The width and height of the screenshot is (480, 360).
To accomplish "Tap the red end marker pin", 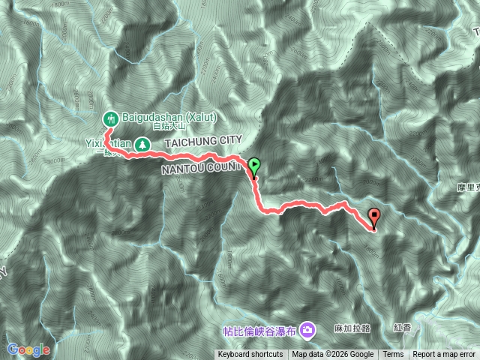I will pos(374,217).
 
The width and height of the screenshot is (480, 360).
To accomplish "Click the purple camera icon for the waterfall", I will pos(307,329).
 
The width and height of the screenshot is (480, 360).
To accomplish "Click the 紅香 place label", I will pos(402,328).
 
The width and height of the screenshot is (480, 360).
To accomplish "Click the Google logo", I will pos(28,349).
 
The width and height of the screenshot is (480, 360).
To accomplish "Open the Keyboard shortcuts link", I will pos(250,355).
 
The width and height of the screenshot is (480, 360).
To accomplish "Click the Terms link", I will pos(393,355).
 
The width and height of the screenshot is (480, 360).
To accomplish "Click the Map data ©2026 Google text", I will pos(333,355).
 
